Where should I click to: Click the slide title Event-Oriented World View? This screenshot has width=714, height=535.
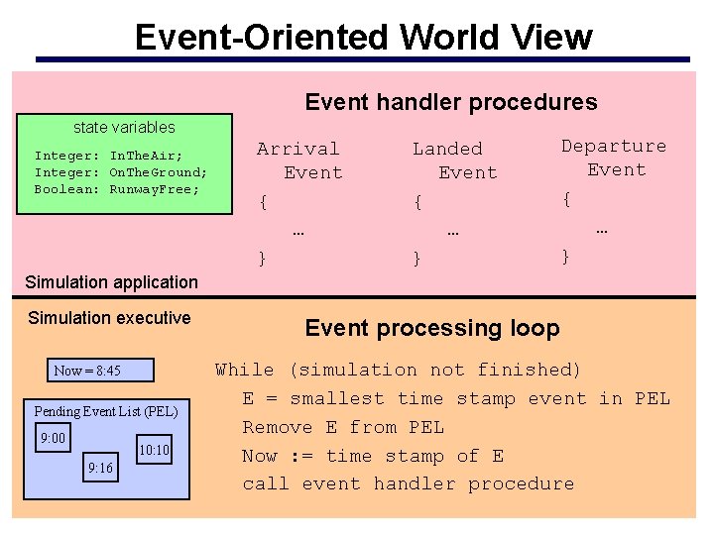coord(363,37)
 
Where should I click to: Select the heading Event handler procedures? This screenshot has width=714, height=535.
coord(451,102)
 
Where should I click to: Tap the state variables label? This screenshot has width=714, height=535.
coord(124,127)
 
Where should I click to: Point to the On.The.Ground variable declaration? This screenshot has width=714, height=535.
coord(121,172)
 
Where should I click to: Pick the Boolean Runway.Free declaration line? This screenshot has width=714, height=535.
coord(117,189)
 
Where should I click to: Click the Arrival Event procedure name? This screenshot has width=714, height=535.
coord(299,160)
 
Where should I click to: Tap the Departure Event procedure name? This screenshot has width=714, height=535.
coord(614,158)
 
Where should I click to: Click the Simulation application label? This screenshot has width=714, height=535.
coord(112,282)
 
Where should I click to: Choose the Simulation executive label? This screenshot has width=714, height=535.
coord(109,318)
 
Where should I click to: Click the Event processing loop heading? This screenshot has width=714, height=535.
coord(432,328)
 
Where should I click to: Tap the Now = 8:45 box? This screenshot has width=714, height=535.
coord(88,371)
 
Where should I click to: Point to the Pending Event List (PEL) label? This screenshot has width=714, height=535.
coord(106,411)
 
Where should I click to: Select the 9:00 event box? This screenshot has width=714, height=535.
coord(53,437)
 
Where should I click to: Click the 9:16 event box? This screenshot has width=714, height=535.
coord(100,468)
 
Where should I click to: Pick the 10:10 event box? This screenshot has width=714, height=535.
coord(154,451)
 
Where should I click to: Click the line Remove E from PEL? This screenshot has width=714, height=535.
coord(343,428)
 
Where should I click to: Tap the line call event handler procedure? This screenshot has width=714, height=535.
coord(409,484)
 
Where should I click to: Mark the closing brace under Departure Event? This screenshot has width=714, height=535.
coord(566,257)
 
